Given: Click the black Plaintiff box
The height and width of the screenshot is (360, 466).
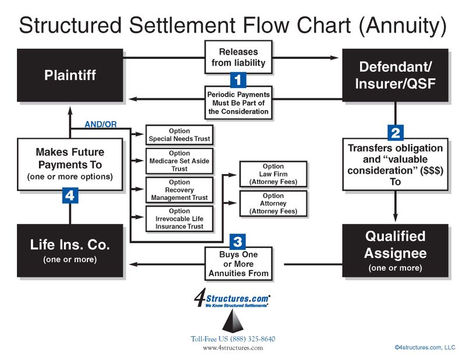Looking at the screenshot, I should (x=70, y=75).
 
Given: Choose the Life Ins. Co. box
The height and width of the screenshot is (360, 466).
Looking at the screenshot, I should (x=70, y=250).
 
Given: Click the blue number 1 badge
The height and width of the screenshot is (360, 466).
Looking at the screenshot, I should (x=239, y=79).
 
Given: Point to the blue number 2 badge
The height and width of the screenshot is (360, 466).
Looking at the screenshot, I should (x=396, y=133).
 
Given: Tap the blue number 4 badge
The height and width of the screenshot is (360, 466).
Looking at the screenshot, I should (x=70, y=196).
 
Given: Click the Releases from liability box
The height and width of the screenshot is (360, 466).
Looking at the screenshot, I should (x=239, y=57).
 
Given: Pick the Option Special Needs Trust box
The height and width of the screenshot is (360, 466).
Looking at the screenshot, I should (x=179, y=135).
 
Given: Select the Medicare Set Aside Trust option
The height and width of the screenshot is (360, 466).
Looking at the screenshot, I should (x=179, y=161).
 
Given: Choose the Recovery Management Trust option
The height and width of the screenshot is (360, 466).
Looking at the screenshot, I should (x=179, y=190).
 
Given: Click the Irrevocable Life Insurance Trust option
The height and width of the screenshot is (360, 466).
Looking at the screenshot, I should (x=179, y=218).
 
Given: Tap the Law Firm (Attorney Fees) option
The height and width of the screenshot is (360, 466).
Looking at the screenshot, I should (x=273, y=174).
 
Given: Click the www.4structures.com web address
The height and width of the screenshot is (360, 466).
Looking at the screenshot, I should (x=232, y=348).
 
